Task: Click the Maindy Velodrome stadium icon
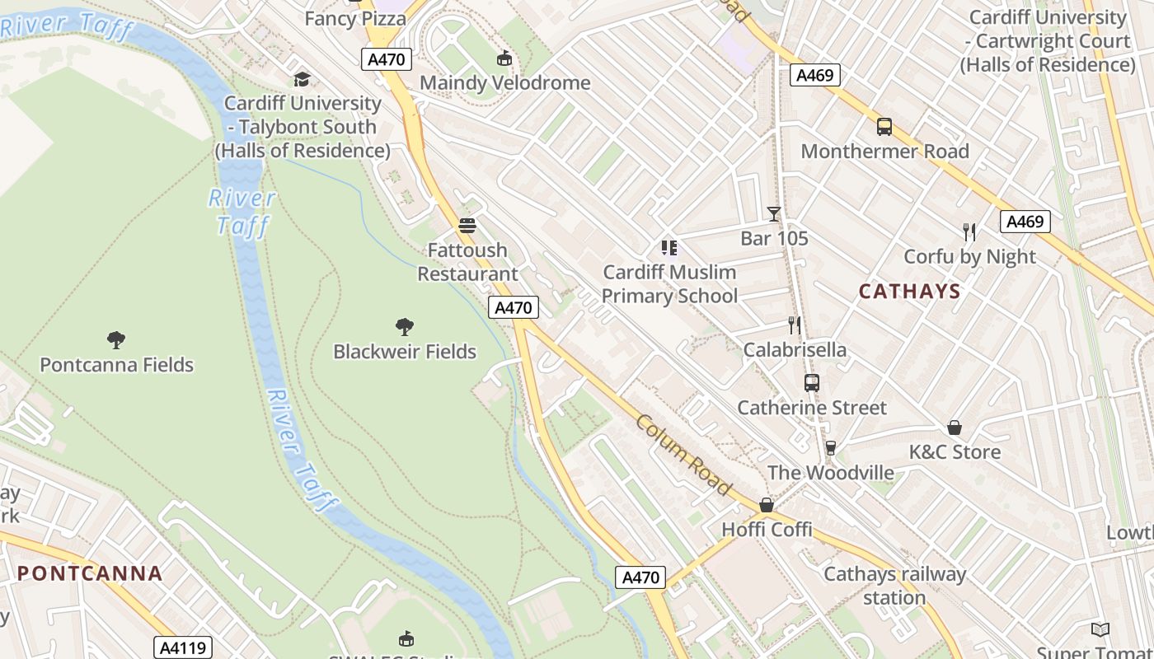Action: click(x=504, y=58)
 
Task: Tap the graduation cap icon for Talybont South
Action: click(x=303, y=79)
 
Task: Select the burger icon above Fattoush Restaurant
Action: click(x=467, y=226)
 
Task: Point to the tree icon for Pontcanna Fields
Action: click(x=116, y=339)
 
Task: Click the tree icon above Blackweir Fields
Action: click(x=404, y=327)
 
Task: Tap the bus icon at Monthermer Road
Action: click(x=884, y=127)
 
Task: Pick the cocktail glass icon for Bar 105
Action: click(x=773, y=214)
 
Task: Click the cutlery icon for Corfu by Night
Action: click(x=969, y=232)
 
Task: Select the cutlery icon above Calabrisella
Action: click(x=795, y=325)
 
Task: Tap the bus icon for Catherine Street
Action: click(x=812, y=383)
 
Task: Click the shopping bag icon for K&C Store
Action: click(x=955, y=428)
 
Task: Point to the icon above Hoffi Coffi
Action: click(x=767, y=505)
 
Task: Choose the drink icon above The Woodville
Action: click(x=830, y=448)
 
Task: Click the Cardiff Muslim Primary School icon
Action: click(x=669, y=248)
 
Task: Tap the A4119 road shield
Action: click(x=183, y=647)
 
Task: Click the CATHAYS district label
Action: click(x=910, y=291)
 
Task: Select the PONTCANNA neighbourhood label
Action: click(x=90, y=573)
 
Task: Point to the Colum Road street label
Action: click(x=683, y=455)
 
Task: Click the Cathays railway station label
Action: click(x=894, y=586)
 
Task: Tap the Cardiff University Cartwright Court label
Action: click(x=1048, y=40)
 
